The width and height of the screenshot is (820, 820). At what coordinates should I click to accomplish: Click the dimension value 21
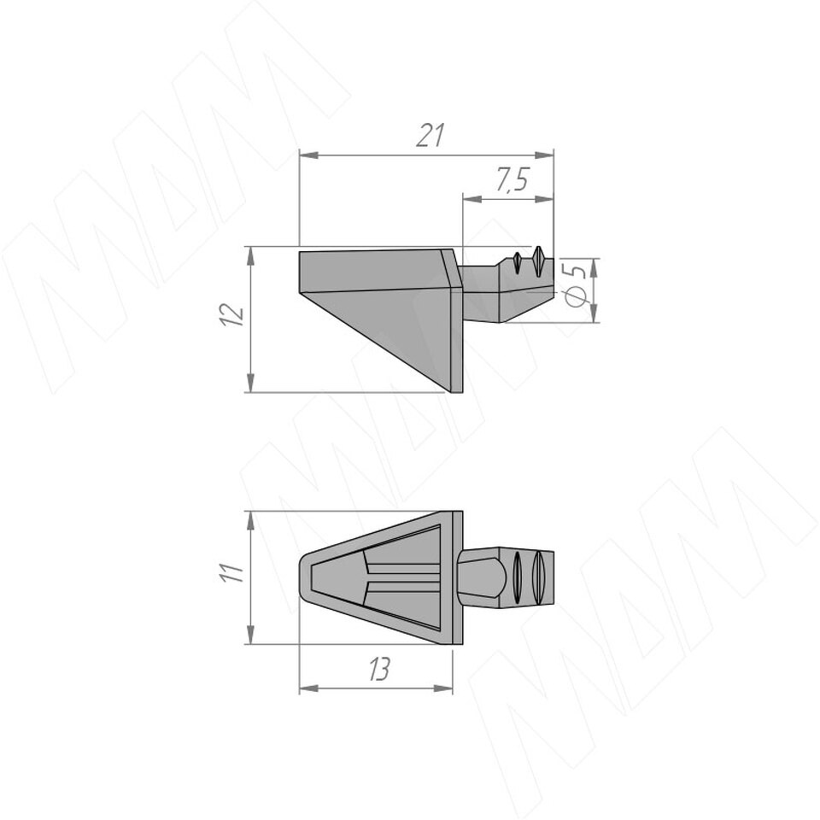(x=430, y=135)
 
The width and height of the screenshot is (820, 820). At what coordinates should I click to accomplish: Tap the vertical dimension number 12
(x=232, y=314)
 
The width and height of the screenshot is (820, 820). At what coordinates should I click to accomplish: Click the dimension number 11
(x=231, y=572)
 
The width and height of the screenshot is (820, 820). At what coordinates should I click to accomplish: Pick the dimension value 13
(x=378, y=669)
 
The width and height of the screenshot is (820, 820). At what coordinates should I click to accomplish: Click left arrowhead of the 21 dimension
(x=308, y=155)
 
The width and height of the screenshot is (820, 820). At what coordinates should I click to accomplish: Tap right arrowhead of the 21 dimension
(x=544, y=155)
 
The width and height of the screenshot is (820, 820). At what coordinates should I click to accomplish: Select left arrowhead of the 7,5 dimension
(x=472, y=198)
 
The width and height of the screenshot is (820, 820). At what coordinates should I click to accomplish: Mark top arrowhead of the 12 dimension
(x=251, y=257)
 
